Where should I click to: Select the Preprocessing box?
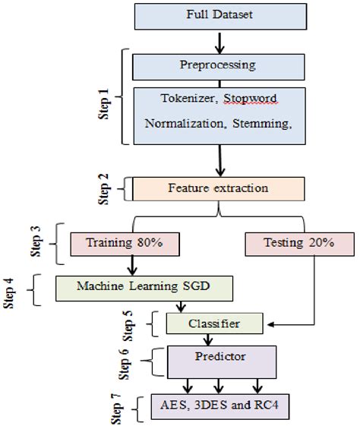tap(217, 65)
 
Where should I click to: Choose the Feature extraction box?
tap(217, 187)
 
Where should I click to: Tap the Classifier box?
tap(215, 323)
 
